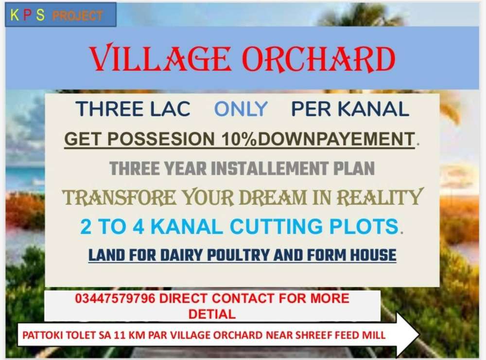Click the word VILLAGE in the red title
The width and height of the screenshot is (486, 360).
pyautogui.click(x=160, y=58)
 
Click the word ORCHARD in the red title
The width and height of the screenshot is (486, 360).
pyautogui.click(x=319, y=59)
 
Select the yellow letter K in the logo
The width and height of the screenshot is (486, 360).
pyautogui.click(x=14, y=15)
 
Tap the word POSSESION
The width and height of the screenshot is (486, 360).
pyautogui.click(x=161, y=139)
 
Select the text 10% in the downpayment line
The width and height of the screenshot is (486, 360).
pyautogui.click(x=239, y=139)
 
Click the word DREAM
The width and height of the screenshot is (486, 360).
pyautogui.click(x=273, y=198)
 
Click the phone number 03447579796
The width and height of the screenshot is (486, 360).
pyautogui.click(x=115, y=298)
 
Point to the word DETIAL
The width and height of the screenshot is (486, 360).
pyautogui.click(x=212, y=314)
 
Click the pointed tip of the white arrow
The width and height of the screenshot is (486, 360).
pyautogui.click(x=420, y=335)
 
